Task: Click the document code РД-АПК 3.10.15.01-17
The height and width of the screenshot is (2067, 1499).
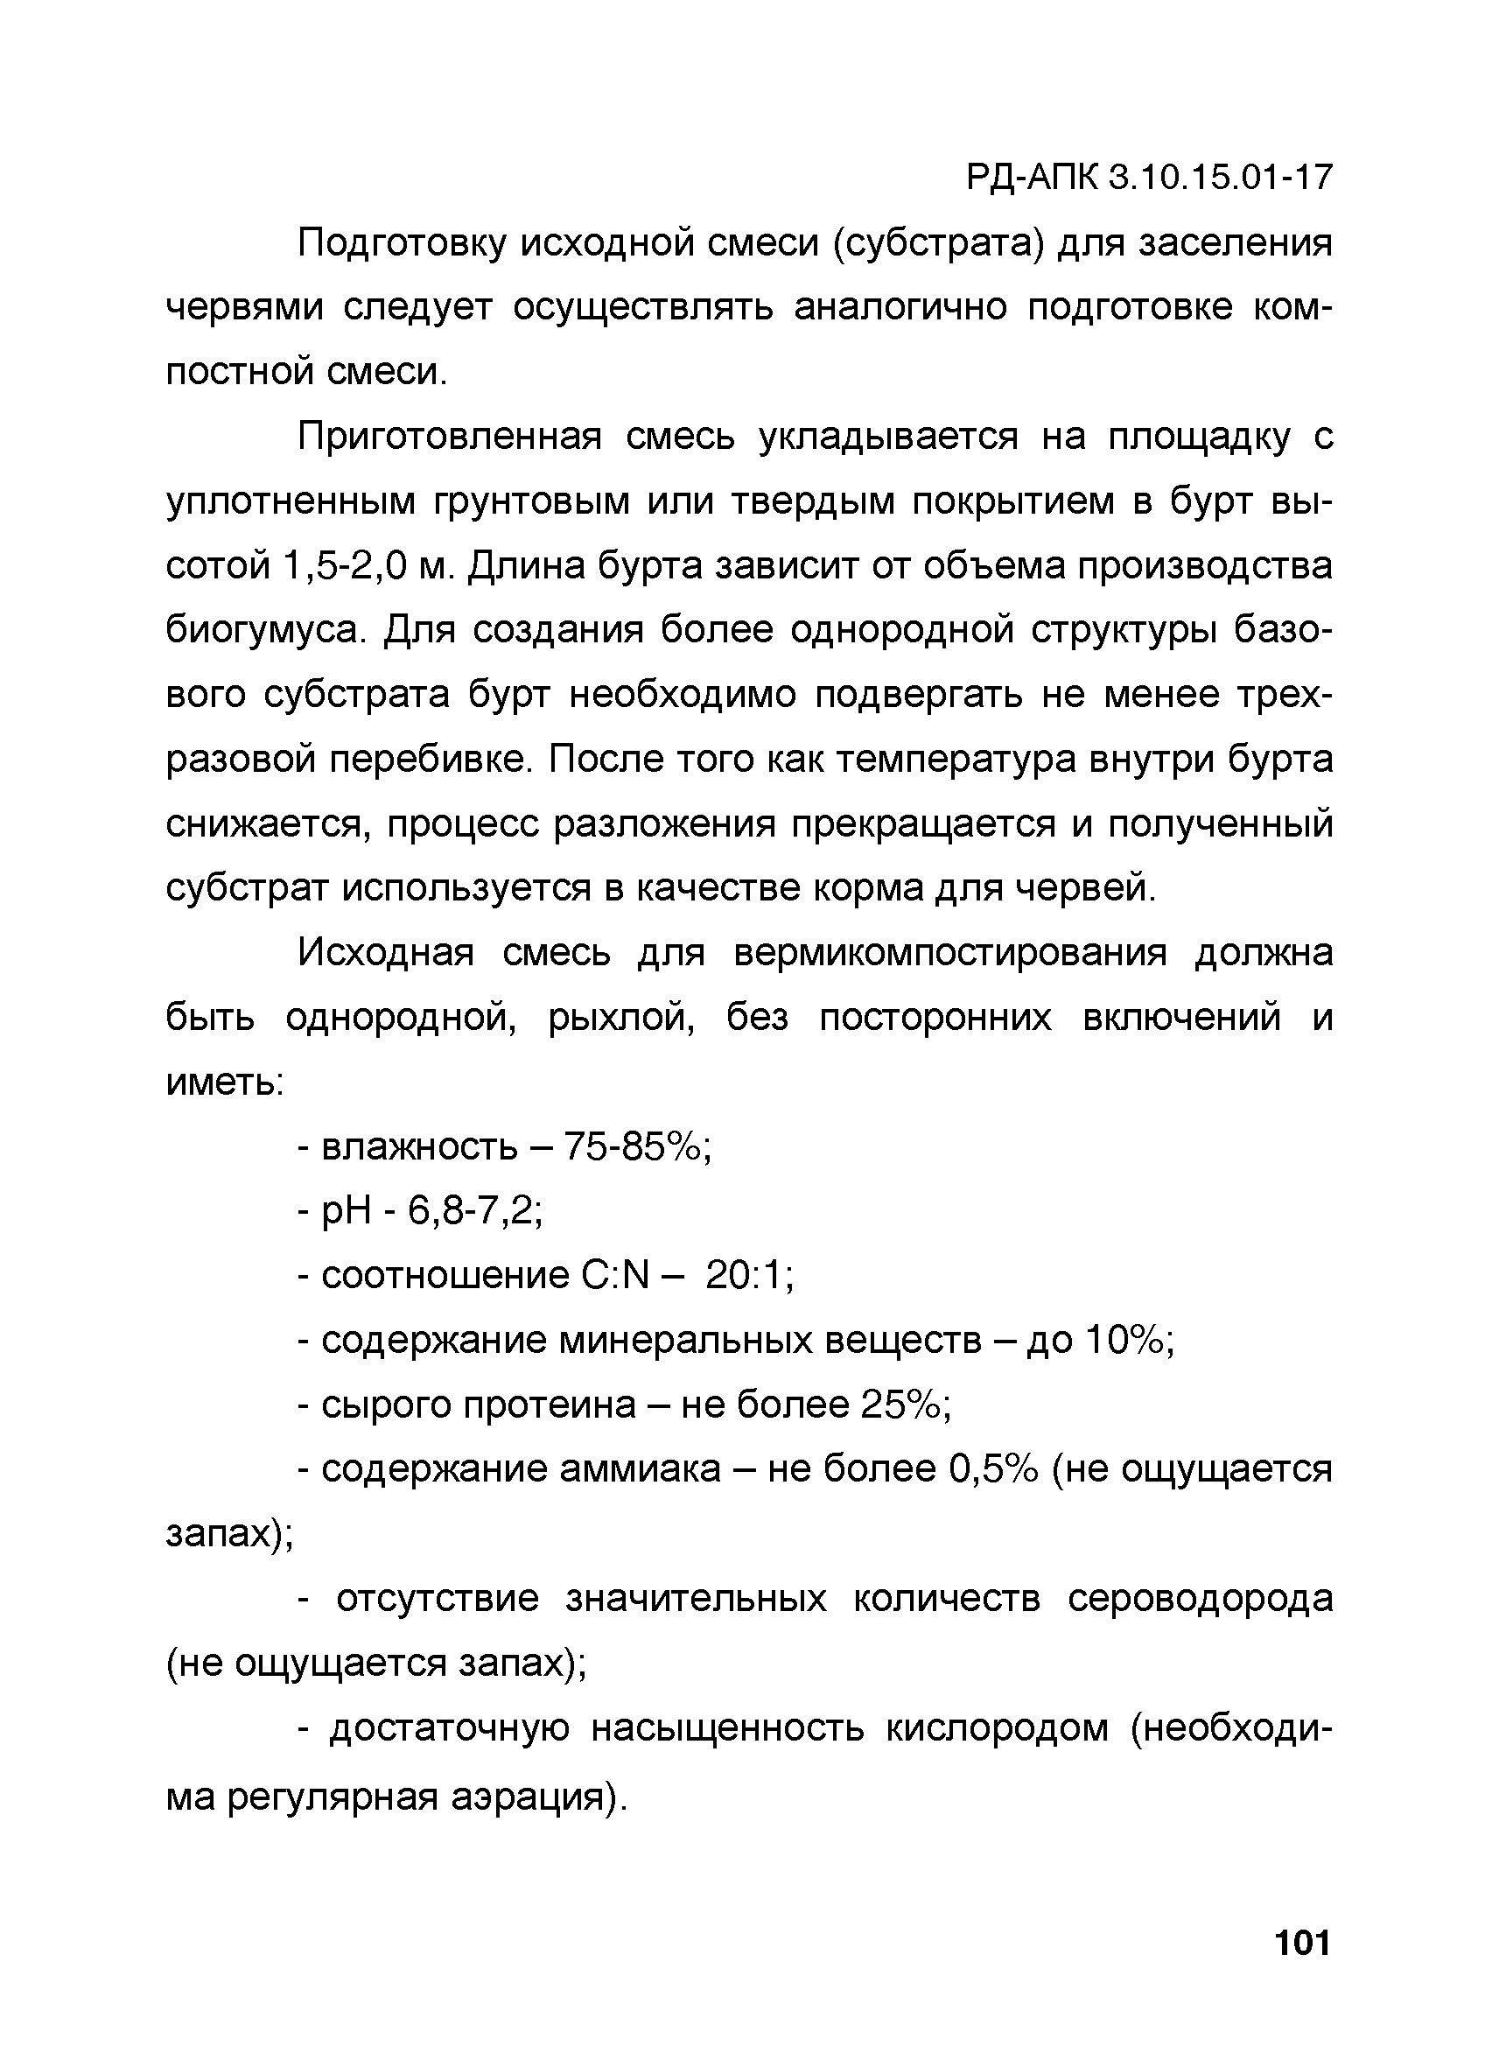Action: (x=1148, y=178)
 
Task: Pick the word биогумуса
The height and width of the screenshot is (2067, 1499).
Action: (x=265, y=632)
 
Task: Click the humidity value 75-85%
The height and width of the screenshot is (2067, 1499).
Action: (x=637, y=1146)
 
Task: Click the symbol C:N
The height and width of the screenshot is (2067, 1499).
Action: (x=614, y=1275)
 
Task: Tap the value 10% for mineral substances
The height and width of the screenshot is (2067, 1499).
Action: (x=1129, y=1340)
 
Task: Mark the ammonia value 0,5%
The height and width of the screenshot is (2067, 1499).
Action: (x=993, y=1468)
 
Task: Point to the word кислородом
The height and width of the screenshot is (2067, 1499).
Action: (x=997, y=1727)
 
